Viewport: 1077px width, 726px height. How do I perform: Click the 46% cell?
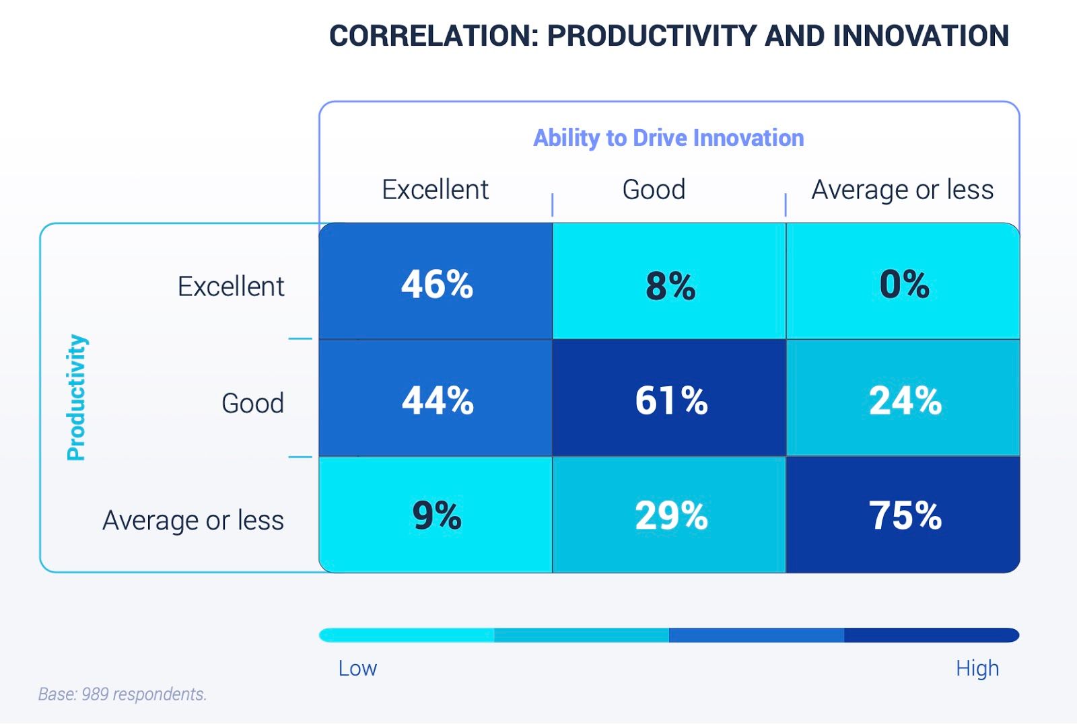(436, 283)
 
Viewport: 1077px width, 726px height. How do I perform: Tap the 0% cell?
(903, 283)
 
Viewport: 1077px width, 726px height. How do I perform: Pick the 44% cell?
(436, 400)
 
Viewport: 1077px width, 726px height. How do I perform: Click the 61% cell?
(670, 400)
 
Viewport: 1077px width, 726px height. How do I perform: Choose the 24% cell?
(904, 400)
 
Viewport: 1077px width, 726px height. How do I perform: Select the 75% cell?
(904, 515)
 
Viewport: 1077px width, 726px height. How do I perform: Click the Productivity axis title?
(77, 397)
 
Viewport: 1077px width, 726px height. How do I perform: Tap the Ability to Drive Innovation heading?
(668, 138)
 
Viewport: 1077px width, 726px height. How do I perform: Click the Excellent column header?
(435, 190)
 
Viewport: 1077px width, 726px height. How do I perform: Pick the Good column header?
(654, 190)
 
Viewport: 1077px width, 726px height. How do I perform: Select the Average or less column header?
(902, 190)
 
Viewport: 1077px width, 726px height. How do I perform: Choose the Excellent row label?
(231, 287)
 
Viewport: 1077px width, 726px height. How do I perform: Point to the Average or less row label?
(193, 520)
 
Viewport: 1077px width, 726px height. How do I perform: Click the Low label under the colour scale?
(357, 668)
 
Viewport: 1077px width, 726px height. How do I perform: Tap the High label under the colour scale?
(977, 668)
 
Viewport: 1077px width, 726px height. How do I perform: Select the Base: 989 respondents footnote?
(123, 694)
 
